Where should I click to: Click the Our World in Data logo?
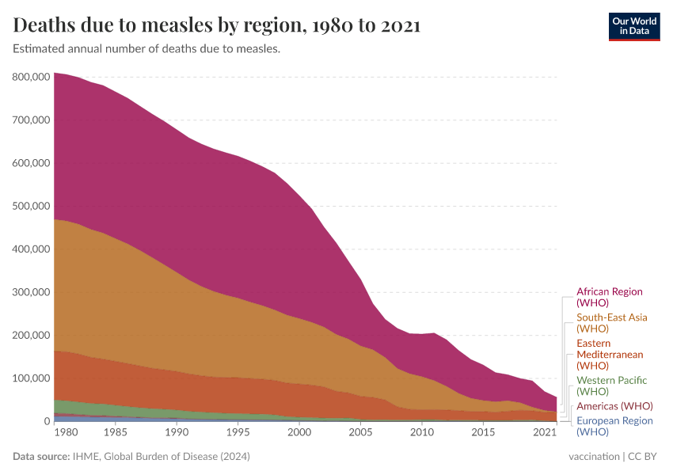click(x=633, y=26)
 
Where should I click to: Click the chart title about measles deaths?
click(x=217, y=25)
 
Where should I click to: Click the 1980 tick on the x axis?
click(x=67, y=433)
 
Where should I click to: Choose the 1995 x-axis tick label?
click(x=238, y=433)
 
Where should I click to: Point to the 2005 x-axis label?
click(x=360, y=433)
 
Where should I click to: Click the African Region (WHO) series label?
click(x=610, y=297)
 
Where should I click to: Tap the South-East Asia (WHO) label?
click(x=611, y=323)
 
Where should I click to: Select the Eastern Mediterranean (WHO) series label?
click(x=610, y=355)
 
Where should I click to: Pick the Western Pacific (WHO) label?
click(x=611, y=386)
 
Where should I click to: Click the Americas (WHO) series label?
click(x=614, y=406)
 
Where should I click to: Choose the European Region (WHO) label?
click(x=614, y=426)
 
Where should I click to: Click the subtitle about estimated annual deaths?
click(x=146, y=49)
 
